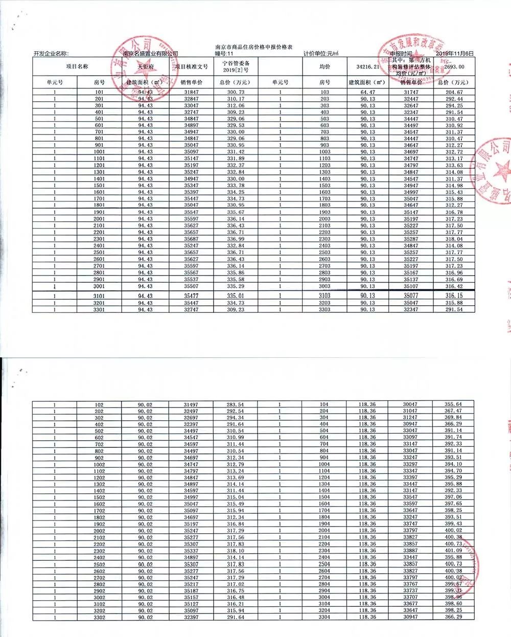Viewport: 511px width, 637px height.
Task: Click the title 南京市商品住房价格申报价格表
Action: coord(254,47)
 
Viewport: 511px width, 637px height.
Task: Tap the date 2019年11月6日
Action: coord(455,53)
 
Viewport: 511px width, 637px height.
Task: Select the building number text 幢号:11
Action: coord(224,53)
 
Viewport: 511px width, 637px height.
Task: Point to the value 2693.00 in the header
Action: coord(454,66)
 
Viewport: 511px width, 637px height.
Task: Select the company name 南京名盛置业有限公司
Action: coord(151,53)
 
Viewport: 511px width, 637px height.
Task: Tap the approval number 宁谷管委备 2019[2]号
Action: coord(235,66)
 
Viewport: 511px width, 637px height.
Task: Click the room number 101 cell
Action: coord(99,93)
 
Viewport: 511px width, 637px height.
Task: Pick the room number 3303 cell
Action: coord(325,310)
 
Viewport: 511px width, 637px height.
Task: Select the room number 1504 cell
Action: coord(324,497)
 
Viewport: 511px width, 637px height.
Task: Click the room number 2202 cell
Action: coord(99,544)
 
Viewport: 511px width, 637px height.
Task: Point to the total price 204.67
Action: coord(454,93)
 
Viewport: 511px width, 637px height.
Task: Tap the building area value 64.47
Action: coord(368,93)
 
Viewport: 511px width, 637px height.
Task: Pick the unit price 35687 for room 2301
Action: coord(191,239)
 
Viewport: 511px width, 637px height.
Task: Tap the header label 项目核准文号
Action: coord(192,66)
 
